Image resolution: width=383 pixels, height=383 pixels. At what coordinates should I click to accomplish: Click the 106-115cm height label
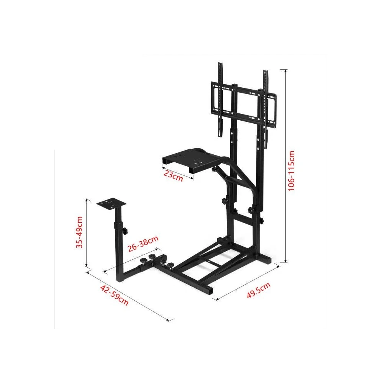click(292, 171)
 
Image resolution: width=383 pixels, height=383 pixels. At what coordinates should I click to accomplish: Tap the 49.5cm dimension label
click(259, 290)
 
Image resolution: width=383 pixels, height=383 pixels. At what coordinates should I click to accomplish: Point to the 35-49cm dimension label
click(79, 232)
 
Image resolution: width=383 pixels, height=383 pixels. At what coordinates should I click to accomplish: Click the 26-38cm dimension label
click(142, 244)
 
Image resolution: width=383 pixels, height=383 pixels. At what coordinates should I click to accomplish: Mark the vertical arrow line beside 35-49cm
click(87, 232)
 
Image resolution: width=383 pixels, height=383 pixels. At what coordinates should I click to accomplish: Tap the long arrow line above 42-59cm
click(130, 295)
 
